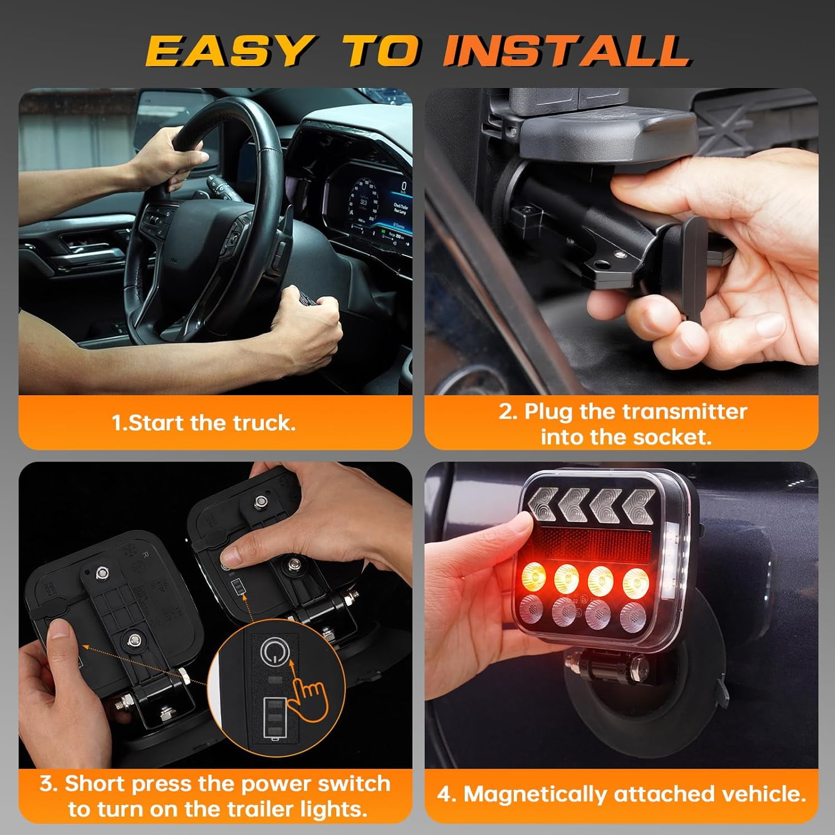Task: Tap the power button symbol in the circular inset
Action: (272, 652)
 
